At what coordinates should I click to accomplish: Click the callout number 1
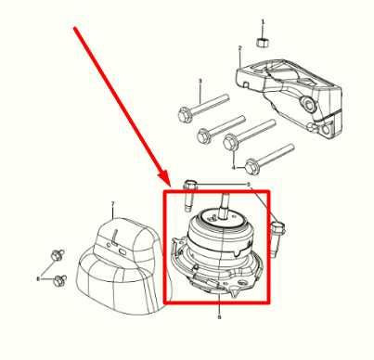[x=263, y=21]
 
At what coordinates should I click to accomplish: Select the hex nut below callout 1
[x=263, y=42]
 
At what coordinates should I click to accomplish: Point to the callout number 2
[x=239, y=47]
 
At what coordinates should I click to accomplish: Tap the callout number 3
[x=200, y=83]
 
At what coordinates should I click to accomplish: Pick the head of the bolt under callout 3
[x=183, y=116]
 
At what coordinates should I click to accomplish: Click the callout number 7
[x=112, y=202]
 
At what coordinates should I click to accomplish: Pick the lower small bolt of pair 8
[x=58, y=278]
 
